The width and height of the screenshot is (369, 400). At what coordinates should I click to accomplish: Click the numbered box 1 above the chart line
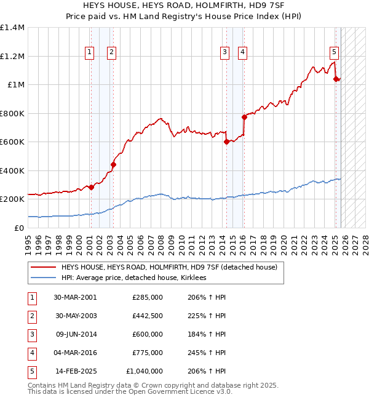pyautogui.click(x=90, y=52)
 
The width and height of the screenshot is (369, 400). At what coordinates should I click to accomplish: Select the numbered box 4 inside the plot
pyautogui.click(x=243, y=52)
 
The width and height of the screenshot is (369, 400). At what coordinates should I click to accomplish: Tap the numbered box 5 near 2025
pyautogui.click(x=334, y=52)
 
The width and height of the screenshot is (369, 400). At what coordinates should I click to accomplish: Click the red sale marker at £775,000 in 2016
pyautogui.click(x=244, y=117)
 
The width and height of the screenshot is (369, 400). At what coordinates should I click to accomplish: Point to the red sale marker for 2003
pyautogui.click(x=113, y=164)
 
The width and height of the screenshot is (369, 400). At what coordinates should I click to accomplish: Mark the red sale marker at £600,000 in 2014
pyautogui.click(x=226, y=142)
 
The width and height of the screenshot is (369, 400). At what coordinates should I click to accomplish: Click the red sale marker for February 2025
pyautogui.click(x=336, y=79)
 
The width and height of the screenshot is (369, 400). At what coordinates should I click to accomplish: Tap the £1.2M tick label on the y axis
pyautogui.click(x=12, y=56)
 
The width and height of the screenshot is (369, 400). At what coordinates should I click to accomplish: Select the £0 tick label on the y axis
pyautogui.click(x=19, y=228)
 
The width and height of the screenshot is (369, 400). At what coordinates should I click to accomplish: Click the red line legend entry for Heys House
pyautogui.click(x=169, y=267)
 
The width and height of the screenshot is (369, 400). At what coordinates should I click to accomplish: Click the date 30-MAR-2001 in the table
pyautogui.click(x=74, y=297)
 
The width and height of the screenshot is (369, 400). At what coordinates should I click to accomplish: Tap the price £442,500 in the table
pyautogui.click(x=148, y=316)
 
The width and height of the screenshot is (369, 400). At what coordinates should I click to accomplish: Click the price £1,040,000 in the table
pyautogui.click(x=145, y=371)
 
